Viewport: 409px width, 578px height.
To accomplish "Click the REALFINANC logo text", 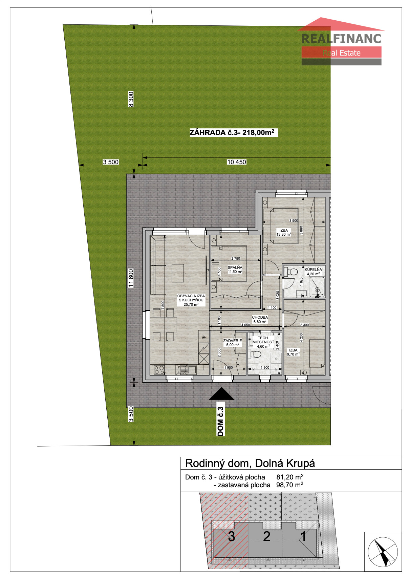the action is tap(341, 39).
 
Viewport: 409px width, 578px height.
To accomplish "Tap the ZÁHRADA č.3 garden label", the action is tap(234, 132).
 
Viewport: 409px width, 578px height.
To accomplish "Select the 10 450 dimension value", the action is tap(236, 162).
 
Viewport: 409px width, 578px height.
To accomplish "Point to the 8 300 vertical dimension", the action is tap(131, 99).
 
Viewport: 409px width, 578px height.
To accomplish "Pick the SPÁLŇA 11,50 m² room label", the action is tap(235, 270).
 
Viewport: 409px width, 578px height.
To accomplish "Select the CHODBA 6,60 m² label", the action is tap(260, 319).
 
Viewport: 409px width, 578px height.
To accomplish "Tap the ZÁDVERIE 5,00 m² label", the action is tap(233, 342).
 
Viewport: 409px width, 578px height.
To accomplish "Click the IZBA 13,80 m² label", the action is tap(284, 232).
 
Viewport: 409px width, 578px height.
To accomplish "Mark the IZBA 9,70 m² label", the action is tap(293, 352).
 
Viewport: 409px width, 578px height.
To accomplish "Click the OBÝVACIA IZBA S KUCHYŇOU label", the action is tap(191, 300).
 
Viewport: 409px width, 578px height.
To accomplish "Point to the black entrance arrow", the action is tap(221, 393).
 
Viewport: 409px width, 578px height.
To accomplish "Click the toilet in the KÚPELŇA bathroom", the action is tap(291, 272).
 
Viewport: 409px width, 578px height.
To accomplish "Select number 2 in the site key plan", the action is tap(266, 536).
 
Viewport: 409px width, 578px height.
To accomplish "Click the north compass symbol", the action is tap(383, 552).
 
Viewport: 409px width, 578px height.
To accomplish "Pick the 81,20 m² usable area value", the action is tap(289, 477).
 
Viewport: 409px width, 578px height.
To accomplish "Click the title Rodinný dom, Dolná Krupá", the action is tap(250, 464).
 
